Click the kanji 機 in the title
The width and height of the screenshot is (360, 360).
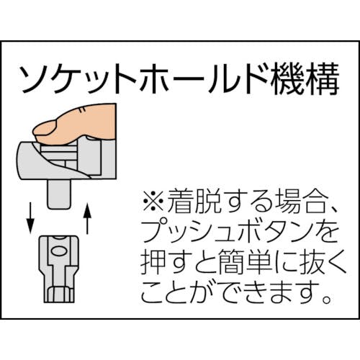(286, 78)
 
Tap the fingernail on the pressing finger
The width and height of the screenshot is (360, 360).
(44, 127)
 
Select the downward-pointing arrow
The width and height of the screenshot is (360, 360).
(30, 217)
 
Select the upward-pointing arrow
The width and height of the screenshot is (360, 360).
(87, 218)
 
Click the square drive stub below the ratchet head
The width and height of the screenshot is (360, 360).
(59, 194)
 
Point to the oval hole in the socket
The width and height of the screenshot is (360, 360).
(59, 251)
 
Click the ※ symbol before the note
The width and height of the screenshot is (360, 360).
(153, 201)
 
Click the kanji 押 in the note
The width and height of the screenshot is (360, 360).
(153, 262)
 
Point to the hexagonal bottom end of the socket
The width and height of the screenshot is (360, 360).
(59, 294)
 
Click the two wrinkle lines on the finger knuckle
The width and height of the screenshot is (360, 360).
(82, 110)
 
